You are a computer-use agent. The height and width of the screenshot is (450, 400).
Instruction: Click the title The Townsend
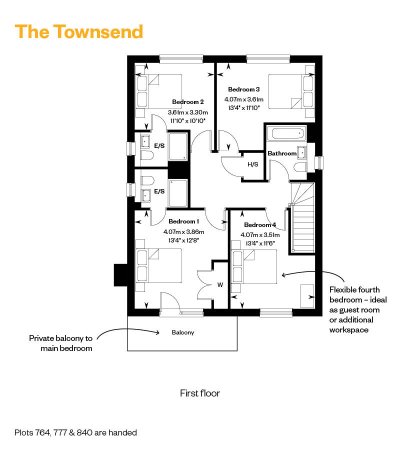point(79,31)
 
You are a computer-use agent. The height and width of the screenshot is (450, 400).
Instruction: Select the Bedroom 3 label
point(243,89)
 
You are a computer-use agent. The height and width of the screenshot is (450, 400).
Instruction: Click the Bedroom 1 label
point(183,221)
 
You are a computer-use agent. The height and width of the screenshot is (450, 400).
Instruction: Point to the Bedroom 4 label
point(260,224)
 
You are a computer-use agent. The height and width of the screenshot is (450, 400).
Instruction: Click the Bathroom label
point(281,153)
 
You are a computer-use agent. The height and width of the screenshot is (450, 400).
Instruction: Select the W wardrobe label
point(219,285)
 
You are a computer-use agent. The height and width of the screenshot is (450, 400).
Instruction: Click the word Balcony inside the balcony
point(182,332)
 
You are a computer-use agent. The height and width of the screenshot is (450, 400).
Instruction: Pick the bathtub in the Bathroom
point(285,133)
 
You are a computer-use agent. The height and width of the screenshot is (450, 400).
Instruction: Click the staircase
point(303,220)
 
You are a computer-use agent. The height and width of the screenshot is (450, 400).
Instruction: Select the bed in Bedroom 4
point(253,266)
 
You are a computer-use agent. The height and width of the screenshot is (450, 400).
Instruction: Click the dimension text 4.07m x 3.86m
point(183,231)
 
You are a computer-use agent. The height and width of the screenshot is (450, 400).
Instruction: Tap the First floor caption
point(199,393)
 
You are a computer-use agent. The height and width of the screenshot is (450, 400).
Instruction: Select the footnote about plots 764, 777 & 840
point(75,432)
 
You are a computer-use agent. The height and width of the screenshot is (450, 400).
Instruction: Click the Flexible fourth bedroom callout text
point(354,310)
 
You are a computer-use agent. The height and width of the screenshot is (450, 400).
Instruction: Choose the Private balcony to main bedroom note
point(60,343)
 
